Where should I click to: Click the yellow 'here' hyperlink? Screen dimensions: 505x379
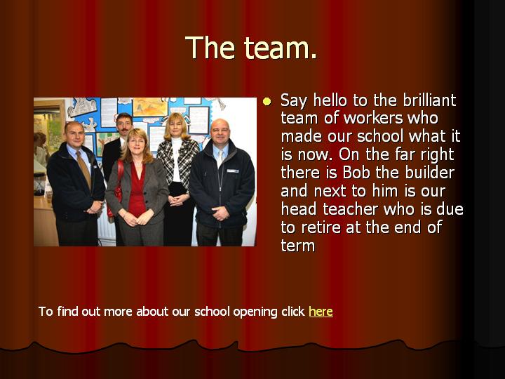pos(321,312)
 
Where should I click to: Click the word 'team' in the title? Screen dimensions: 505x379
pos(281,48)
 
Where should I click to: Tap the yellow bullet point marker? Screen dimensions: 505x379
pos(267,102)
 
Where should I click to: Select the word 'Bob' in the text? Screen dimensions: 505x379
pos(356,173)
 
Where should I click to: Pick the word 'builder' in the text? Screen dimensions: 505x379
pos(430,173)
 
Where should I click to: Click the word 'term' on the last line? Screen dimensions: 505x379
pos(298,246)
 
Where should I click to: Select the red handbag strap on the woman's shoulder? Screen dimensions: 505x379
pos(120,175)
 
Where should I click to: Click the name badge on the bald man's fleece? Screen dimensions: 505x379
pos(233,171)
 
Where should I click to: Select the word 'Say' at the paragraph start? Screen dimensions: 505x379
pos(293,101)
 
